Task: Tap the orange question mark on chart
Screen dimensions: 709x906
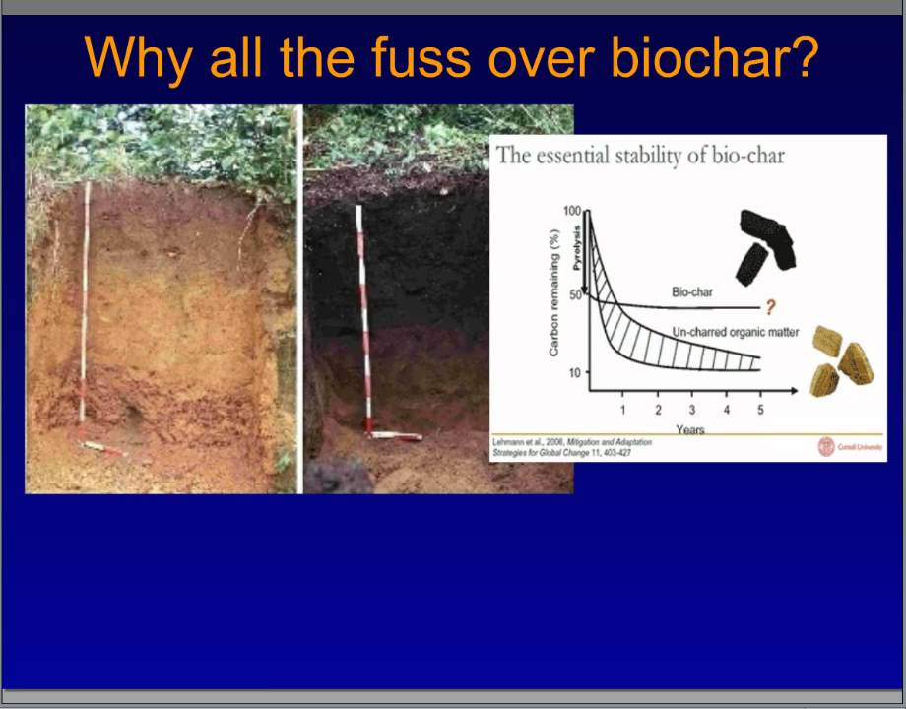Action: (770, 309)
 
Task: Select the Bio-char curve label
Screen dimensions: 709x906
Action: (692, 292)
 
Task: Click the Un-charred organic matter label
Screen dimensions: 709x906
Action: (736, 333)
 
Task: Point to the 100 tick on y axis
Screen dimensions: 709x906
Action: (572, 211)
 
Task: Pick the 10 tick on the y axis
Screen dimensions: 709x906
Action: (574, 373)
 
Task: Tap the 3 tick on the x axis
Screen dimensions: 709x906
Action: (692, 410)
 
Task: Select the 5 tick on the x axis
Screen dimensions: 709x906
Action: (760, 410)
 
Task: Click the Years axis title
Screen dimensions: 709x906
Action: (690, 429)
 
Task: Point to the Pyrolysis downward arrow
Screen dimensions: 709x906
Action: (584, 256)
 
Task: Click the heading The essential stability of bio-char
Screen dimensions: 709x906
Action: (640, 156)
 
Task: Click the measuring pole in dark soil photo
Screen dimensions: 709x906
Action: (364, 315)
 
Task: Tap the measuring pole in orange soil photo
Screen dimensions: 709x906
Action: (86, 305)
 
